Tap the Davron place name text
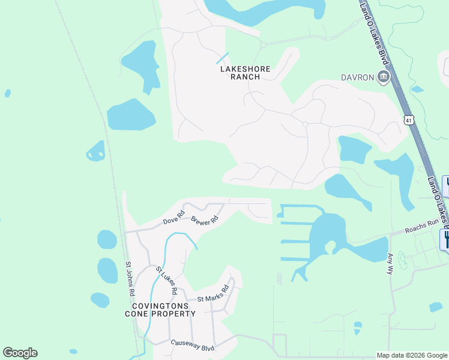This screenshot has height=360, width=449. coord(358,77)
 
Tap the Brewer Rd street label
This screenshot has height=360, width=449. coord(203,220)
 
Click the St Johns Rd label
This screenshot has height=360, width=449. coord(129,278)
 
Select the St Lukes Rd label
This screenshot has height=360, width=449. coord(167,280)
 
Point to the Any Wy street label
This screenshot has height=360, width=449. coord(390,262)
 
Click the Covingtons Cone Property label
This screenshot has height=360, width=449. coord(160,310)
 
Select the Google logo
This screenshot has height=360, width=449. coord(20,353)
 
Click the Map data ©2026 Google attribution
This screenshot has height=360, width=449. coord(412,355)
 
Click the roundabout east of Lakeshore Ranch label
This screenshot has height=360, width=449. coord(306,124)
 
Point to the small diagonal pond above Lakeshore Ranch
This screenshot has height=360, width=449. coord(222,58)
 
